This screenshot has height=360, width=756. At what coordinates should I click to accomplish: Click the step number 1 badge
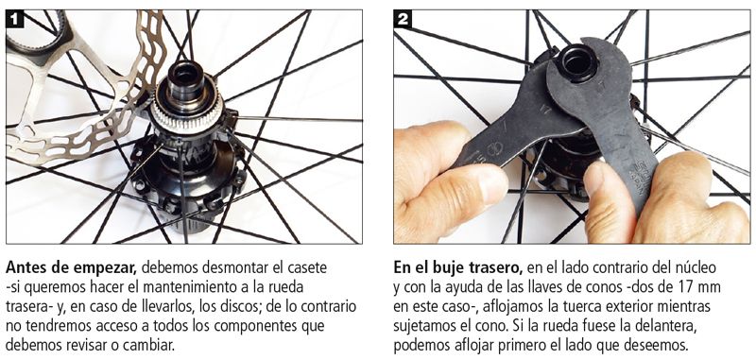tap(14, 19)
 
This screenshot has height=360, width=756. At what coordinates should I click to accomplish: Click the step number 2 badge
tap(403, 19)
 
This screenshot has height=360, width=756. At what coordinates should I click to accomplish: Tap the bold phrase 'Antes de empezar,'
tap(73, 267)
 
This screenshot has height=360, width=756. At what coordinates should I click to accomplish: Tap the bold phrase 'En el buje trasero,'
tap(458, 267)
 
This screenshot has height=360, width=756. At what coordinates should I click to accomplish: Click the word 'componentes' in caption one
tap(261, 326)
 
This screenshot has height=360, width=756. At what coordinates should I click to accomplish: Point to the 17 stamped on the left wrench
tap(546, 110)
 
